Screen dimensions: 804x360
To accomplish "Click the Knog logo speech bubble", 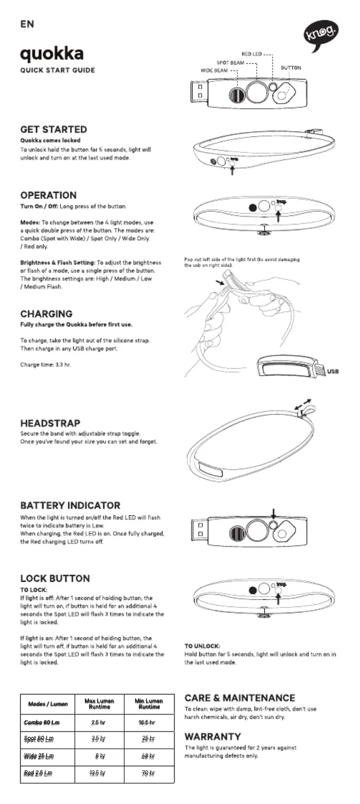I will (x=321, y=33).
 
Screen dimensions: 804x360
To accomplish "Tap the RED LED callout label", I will (x=251, y=54).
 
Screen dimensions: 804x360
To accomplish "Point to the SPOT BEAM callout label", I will (x=230, y=63).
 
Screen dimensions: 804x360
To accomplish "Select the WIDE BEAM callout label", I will (x=214, y=70).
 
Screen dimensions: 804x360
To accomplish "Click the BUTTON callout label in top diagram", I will (x=291, y=68).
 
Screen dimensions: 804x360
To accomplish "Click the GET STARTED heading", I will (x=53, y=129).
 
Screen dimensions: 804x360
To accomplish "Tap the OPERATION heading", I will (x=48, y=195).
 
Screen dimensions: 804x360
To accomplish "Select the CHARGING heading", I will (x=46, y=314).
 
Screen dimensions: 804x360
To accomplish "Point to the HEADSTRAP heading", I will (x=50, y=423).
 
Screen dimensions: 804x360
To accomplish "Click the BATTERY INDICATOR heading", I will (x=70, y=505).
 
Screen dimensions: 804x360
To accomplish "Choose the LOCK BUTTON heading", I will (x=55, y=578).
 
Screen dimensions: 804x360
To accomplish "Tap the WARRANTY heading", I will (x=212, y=737).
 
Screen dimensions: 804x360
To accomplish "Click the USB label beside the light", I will (x=333, y=371).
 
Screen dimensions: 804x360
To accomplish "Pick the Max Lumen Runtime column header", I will (x=99, y=703).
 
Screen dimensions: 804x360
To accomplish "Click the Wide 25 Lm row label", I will (x=39, y=756).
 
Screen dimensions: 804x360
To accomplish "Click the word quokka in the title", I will (x=52, y=54).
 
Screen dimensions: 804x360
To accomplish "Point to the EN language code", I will (x=27, y=24).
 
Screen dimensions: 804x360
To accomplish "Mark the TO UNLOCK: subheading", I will (x=202, y=646).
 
